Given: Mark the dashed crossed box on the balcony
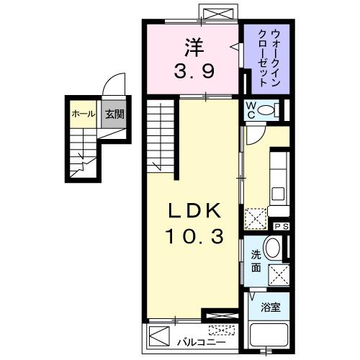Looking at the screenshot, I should pyautogui.click(x=221, y=330).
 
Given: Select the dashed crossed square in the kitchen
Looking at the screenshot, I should pyautogui.click(x=256, y=217).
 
